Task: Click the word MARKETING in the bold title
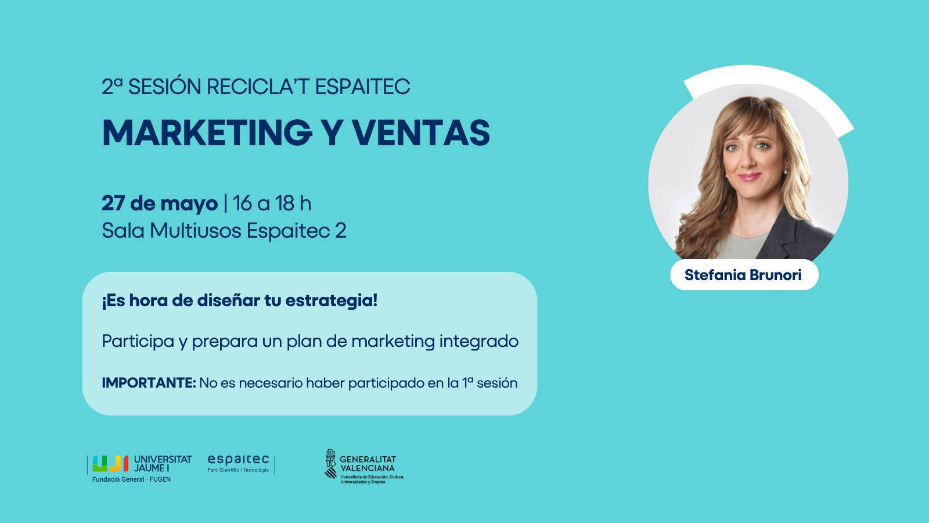(207, 133)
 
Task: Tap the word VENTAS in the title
(421, 133)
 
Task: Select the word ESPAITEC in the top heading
(362, 87)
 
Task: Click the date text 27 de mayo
(160, 203)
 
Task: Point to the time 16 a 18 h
(272, 203)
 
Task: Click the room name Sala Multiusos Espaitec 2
(224, 231)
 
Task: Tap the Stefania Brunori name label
(743, 275)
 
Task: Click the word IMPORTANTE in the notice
(149, 383)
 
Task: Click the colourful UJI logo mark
(110, 464)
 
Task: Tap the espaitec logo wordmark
(238, 460)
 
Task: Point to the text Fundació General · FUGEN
(131, 479)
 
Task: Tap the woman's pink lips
(750, 177)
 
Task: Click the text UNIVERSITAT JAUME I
(163, 464)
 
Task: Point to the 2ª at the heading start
(113, 87)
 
